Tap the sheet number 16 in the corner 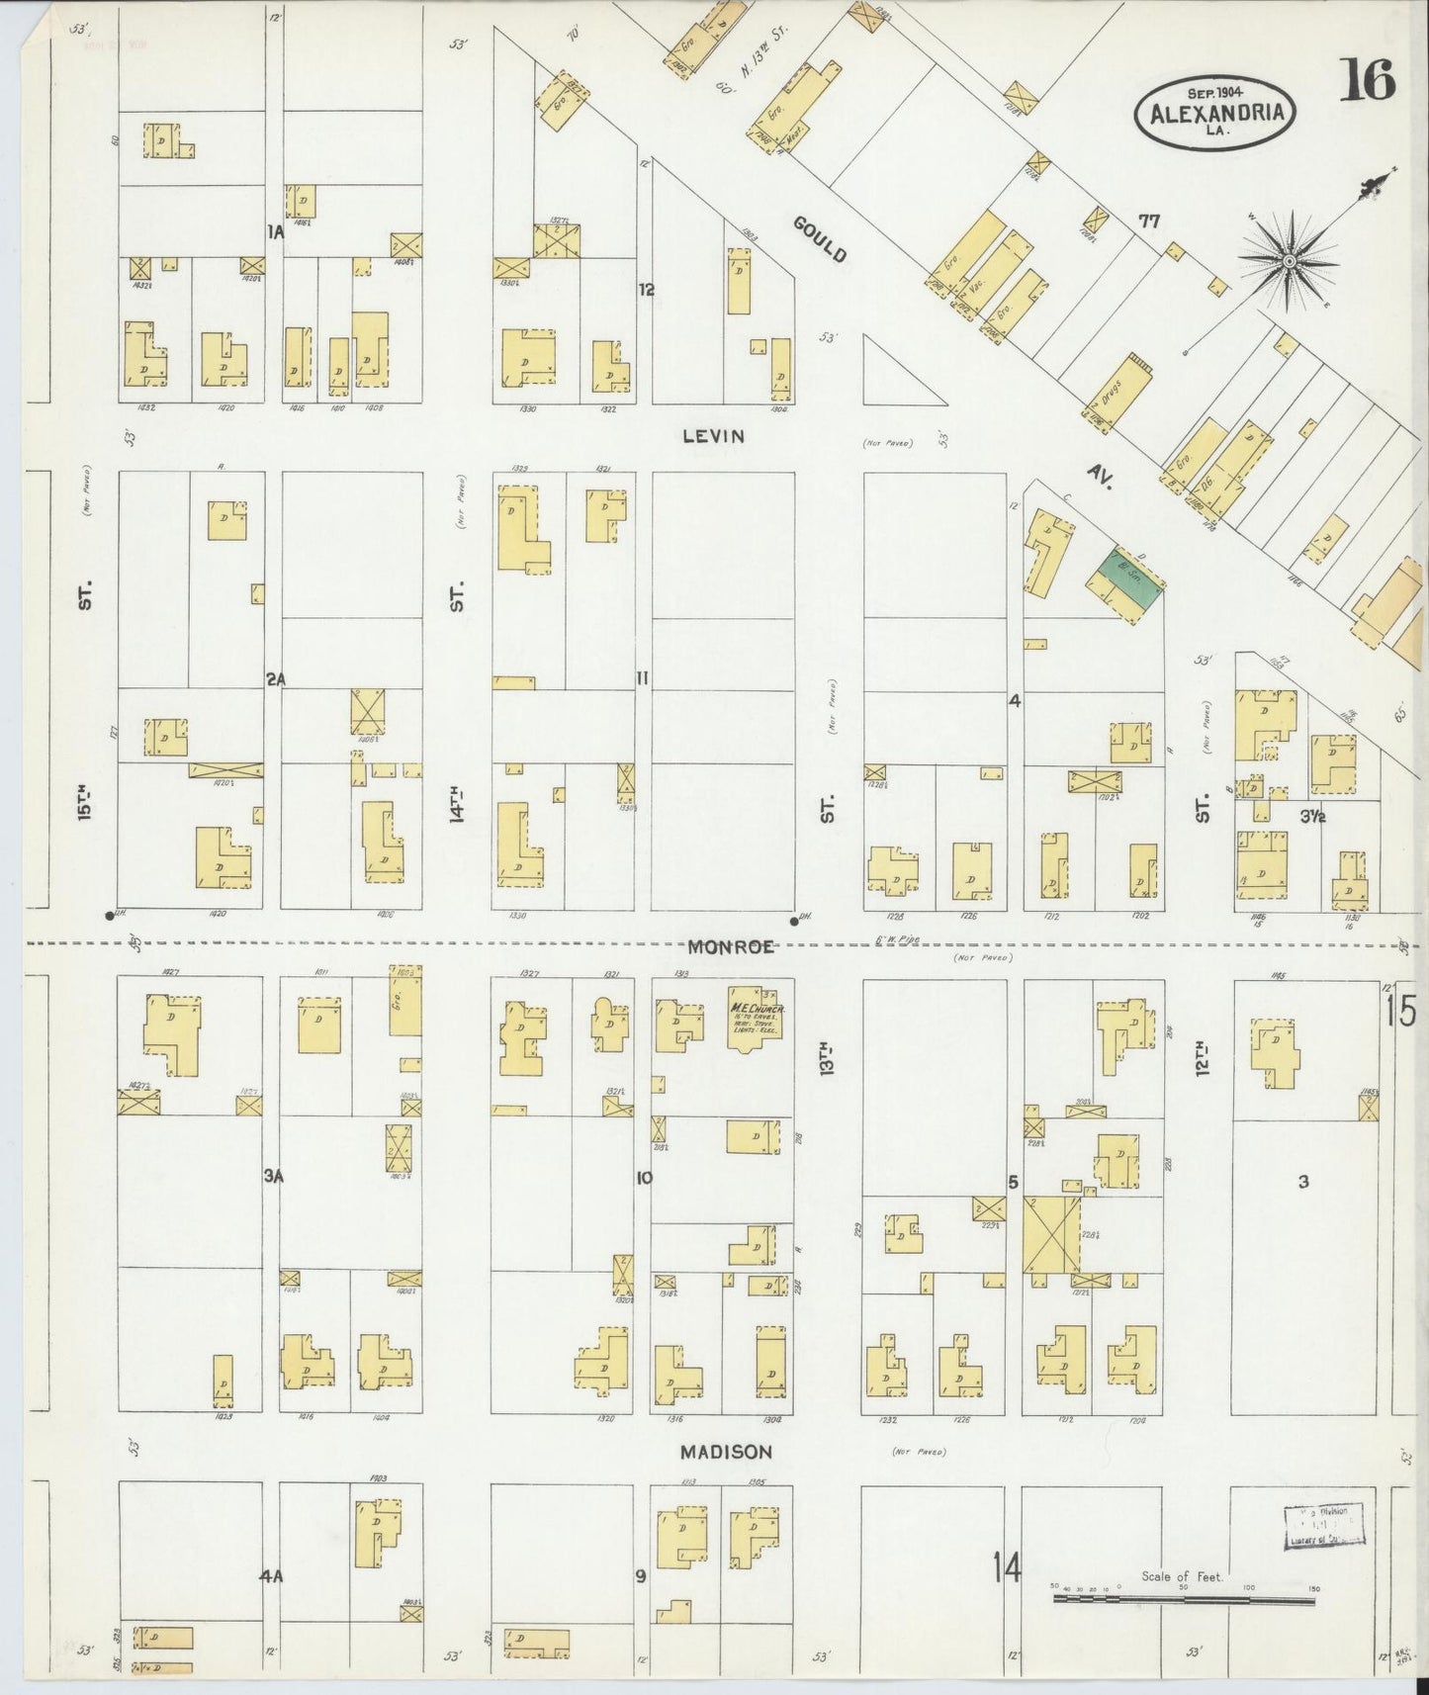[1367, 80]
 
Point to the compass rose [1289, 260]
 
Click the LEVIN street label [712, 436]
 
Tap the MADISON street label [725, 1452]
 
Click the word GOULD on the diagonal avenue [821, 240]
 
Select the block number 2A [275, 678]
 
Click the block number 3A [274, 1176]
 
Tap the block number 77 [1147, 221]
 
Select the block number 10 [644, 1178]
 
